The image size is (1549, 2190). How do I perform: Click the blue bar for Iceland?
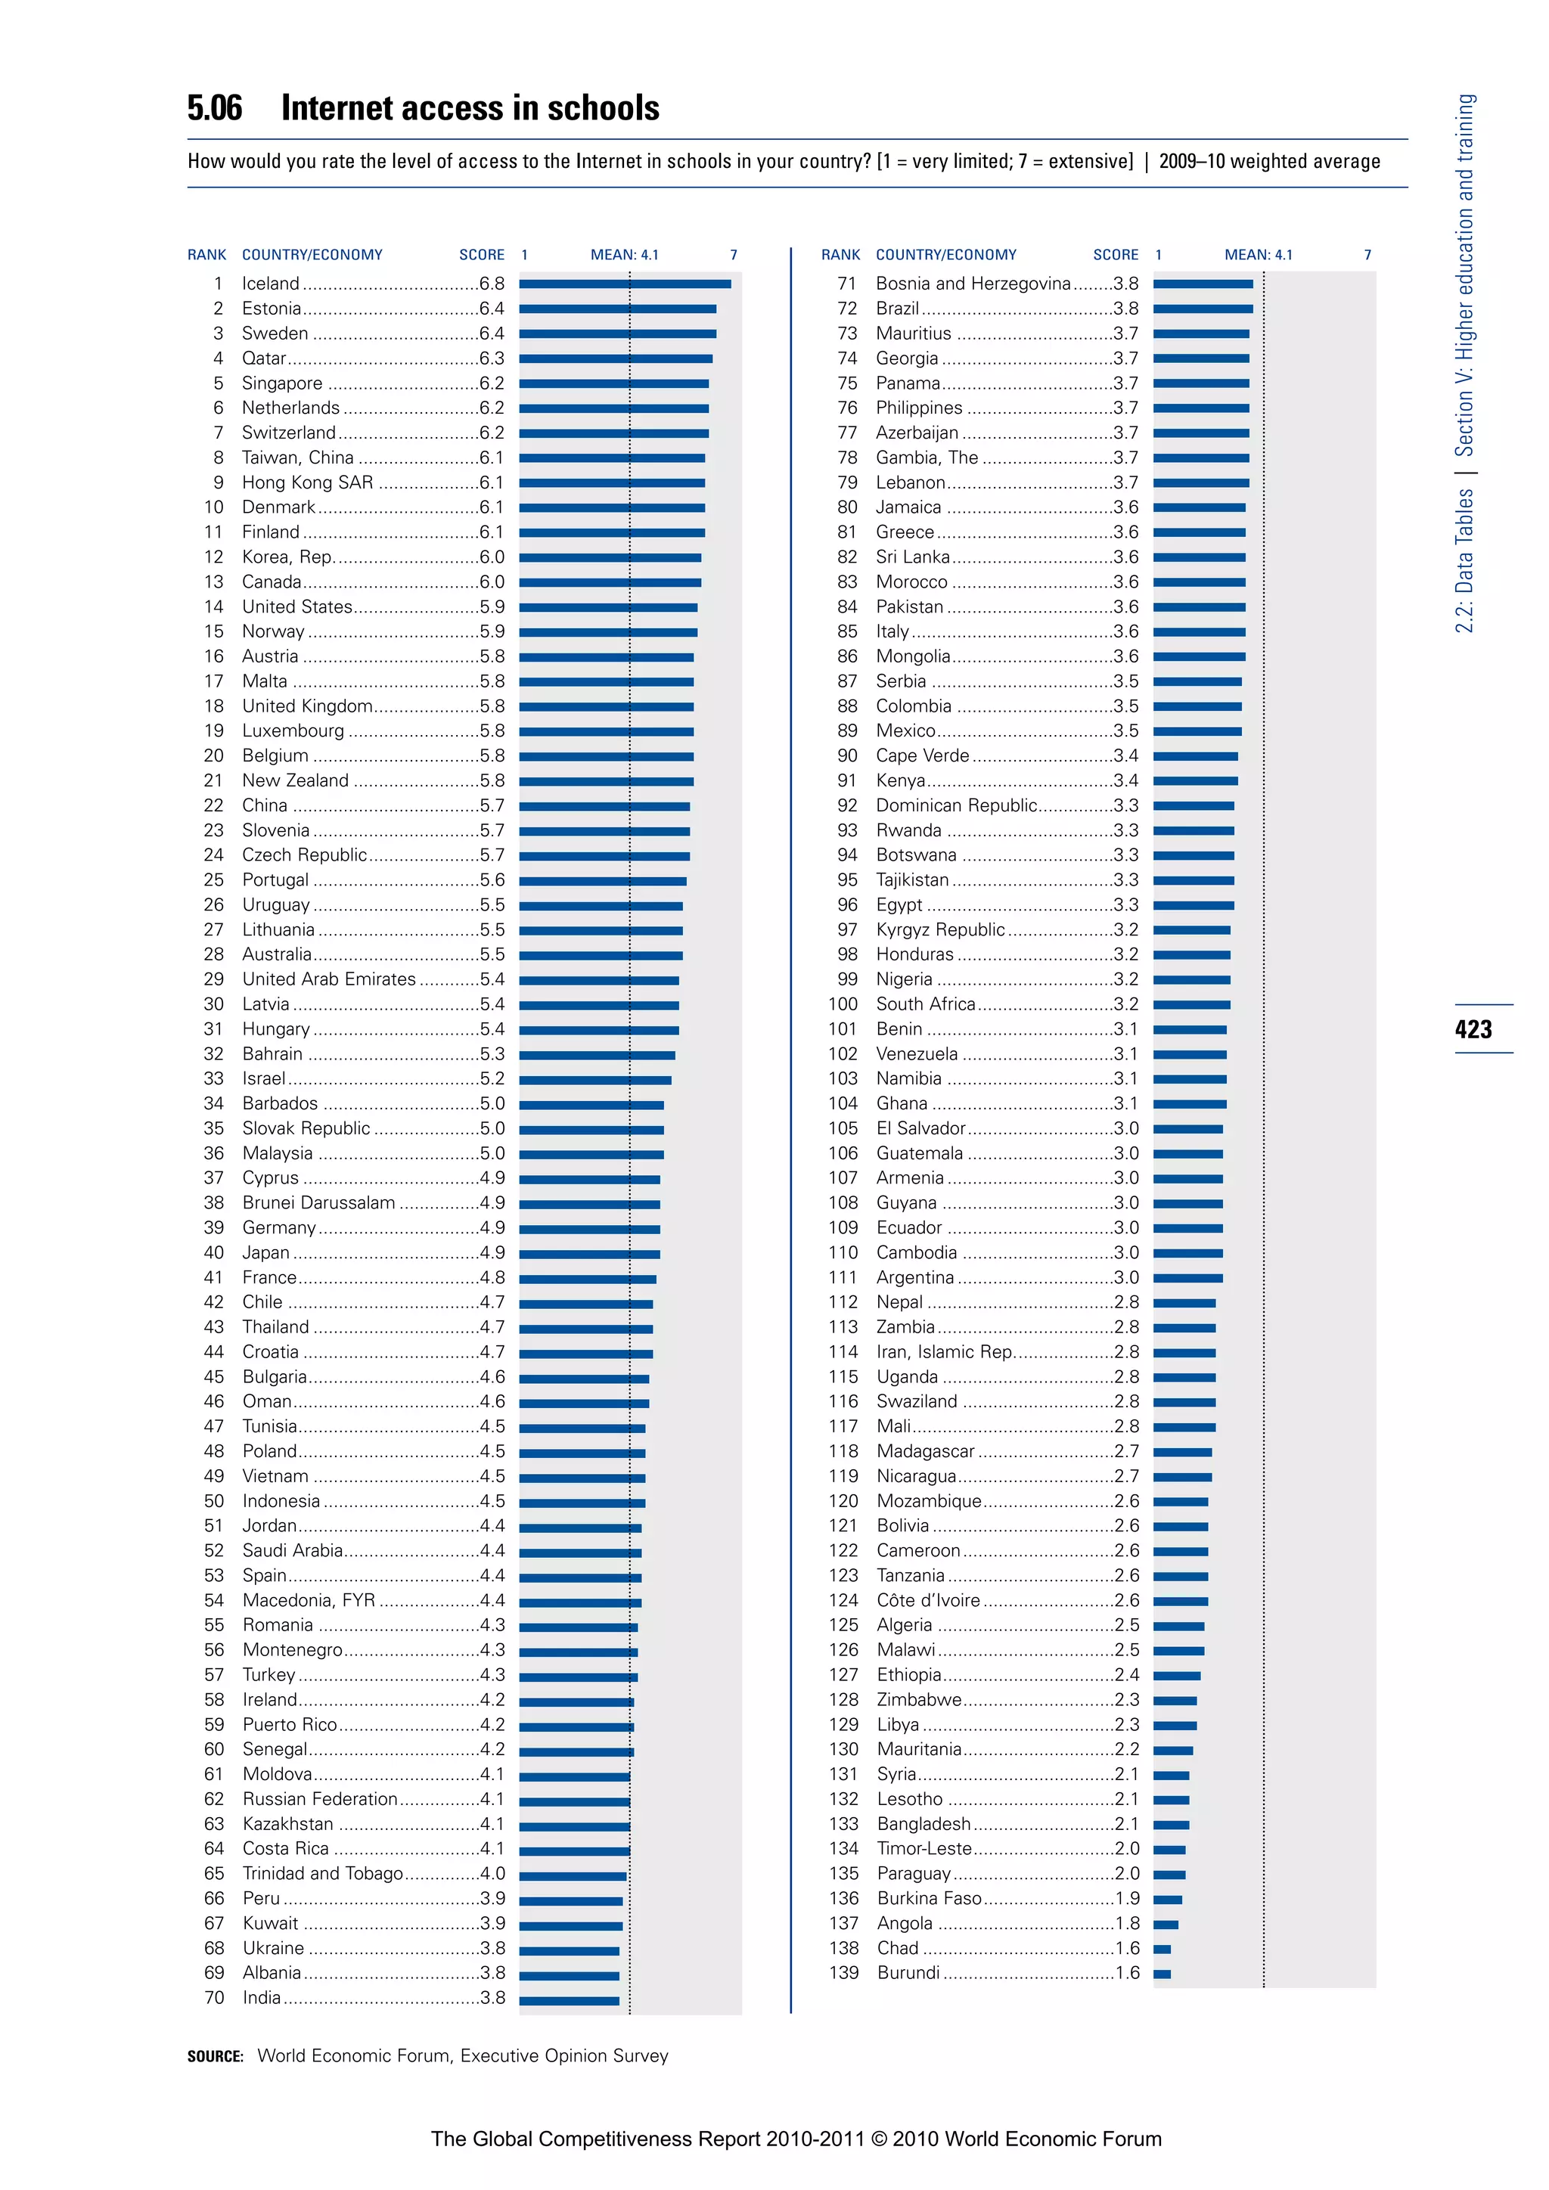point(625,284)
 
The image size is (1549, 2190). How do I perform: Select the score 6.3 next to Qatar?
point(492,358)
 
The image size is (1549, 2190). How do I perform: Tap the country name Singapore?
point(282,383)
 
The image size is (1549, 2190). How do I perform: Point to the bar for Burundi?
point(1162,1974)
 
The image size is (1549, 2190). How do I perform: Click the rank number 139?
point(843,1972)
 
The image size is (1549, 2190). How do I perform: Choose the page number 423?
point(1473,1029)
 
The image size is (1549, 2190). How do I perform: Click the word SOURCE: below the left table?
point(216,2056)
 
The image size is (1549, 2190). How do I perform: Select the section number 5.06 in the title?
point(215,108)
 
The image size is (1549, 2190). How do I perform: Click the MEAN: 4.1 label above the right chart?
point(1258,255)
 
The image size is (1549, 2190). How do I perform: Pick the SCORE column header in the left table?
point(482,255)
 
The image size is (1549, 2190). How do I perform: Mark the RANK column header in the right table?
point(840,255)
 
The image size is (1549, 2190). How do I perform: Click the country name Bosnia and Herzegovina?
point(973,284)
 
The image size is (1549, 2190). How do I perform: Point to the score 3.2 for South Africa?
point(1125,1003)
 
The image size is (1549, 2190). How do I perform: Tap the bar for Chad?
point(1162,1949)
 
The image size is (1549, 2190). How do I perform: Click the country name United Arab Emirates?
point(329,979)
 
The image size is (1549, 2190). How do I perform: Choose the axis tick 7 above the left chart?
point(734,255)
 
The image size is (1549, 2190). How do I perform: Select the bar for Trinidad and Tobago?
point(573,1875)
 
